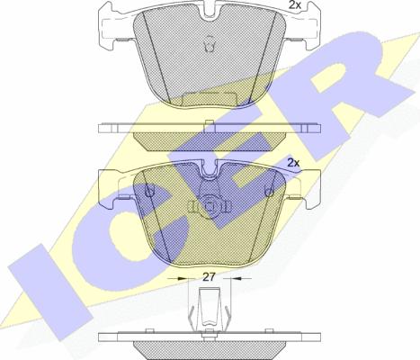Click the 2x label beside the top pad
(x=295, y=4)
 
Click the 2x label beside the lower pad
(x=294, y=163)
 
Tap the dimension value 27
(x=209, y=277)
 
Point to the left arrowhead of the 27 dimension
(x=183, y=279)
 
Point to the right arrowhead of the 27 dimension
(x=237, y=279)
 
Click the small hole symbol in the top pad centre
(x=210, y=44)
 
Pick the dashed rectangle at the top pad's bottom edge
(x=210, y=99)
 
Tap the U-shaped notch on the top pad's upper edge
(x=210, y=12)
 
